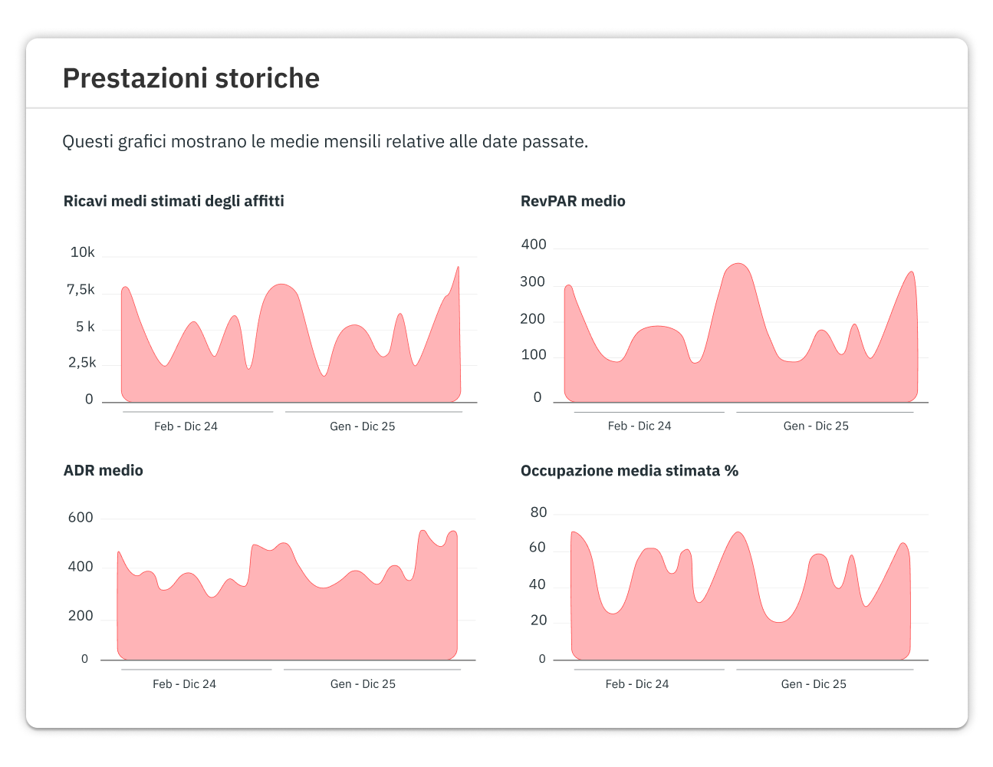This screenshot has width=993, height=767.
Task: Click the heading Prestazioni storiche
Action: point(191,78)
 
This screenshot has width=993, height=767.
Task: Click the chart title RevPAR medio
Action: point(573,201)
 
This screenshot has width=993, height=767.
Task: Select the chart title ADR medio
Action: point(104,470)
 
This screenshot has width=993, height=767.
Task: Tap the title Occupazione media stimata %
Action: point(630,471)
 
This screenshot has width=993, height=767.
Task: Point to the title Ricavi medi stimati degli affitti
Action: point(173,202)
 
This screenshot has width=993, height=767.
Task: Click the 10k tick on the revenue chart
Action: point(82,252)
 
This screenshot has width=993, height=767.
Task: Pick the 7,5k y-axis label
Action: point(81,290)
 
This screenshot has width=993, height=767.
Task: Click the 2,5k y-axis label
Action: point(82,363)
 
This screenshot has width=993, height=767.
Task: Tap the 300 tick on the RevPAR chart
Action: point(532,281)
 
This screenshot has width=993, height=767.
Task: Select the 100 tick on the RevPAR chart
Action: point(533,354)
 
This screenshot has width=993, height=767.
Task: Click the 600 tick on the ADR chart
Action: point(81,518)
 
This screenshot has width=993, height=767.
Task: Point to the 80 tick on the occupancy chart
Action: point(538,512)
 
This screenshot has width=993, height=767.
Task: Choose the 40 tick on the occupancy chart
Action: point(537,584)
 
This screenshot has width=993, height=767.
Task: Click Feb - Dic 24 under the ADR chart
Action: point(184,684)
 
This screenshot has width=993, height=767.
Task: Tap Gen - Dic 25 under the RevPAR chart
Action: point(816,426)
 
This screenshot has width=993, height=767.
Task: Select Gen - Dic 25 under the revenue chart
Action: point(363,426)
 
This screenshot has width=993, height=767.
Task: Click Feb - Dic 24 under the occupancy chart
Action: point(637,684)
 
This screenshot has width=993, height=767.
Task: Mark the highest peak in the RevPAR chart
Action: point(738,264)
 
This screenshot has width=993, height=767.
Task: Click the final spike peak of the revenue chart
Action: point(458,267)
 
